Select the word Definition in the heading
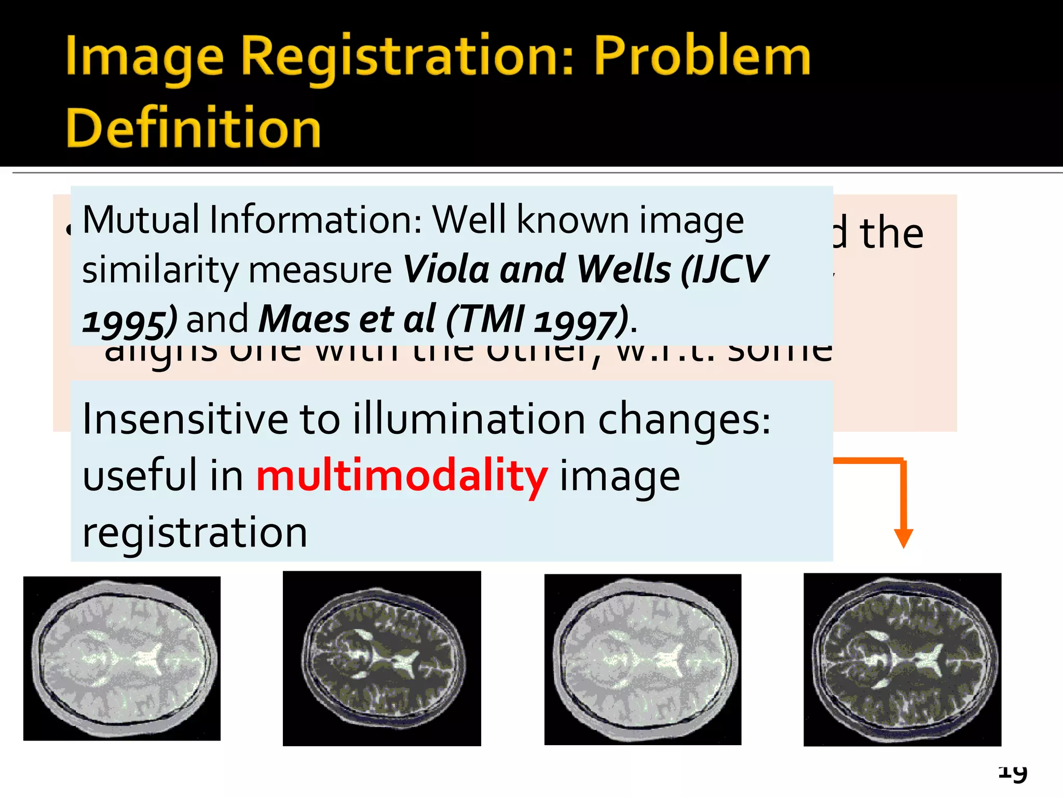coord(193,128)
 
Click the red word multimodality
coord(402,476)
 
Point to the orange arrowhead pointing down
coord(903,538)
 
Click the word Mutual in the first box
coord(141,219)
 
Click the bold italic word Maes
coord(303,319)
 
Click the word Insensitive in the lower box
coord(185,419)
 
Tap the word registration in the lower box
coord(195,532)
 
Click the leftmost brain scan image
coord(122,658)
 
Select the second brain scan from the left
coord(381,658)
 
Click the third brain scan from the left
coord(643,659)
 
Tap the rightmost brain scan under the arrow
coord(902,659)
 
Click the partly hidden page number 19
coord(1013,773)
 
